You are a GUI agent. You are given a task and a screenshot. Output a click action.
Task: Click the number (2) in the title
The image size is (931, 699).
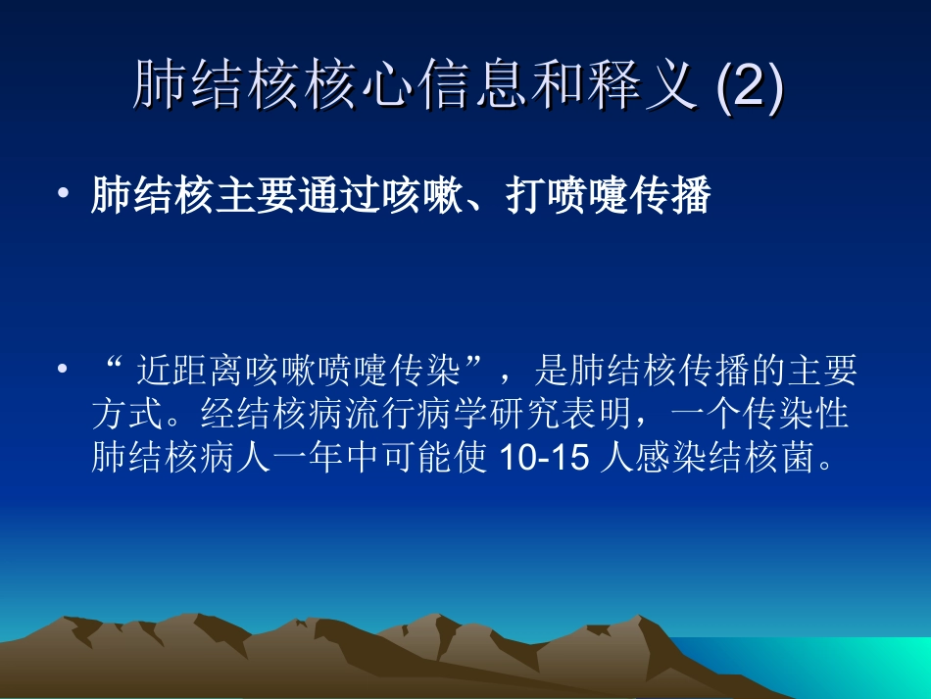pyautogui.click(x=751, y=88)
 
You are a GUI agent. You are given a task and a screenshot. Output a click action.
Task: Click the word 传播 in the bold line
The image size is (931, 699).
pyautogui.click(x=675, y=197)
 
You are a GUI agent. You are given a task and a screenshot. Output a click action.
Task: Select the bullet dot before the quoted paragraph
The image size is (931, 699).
pyautogui.click(x=64, y=372)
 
